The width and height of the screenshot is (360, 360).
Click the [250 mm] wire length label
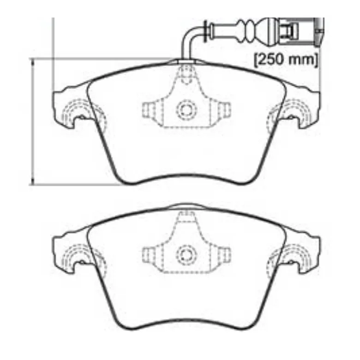[286, 60]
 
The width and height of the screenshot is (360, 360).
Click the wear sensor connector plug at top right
[296, 32]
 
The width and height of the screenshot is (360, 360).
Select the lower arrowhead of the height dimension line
[33, 181]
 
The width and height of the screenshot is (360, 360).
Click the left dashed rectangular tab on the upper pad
[148, 110]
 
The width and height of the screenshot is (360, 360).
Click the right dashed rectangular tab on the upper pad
[224, 110]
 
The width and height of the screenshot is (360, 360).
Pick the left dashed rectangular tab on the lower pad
[148, 255]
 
